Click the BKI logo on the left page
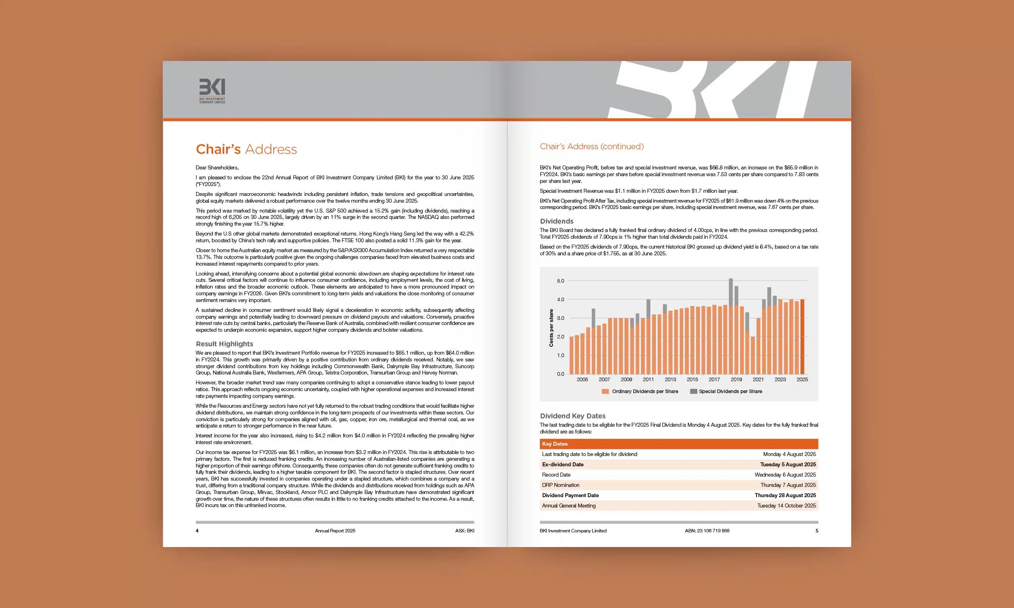click(212, 90)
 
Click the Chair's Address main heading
click(246, 149)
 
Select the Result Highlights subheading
click(224, 344)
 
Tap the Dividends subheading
click(556, 221)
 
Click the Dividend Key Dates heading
click(572, 416)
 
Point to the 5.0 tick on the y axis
click(560, 281)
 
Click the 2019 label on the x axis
click(736, 379)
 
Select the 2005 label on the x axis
click(582, 379)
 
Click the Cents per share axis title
click(551, 328)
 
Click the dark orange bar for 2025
click(802, 336)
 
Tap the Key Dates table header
click(555, 444)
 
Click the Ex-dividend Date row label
click(562, 464)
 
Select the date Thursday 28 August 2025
click(785, 495)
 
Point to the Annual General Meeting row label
click(568, 505)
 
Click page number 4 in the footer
click(197, 530)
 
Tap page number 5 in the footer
click(816, 530)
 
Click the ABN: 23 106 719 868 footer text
click(707, 530)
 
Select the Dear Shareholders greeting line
click(217, 167)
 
